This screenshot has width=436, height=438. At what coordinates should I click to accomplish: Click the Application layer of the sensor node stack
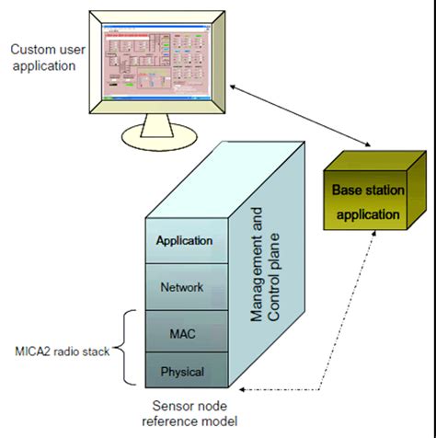(x=185, y=241)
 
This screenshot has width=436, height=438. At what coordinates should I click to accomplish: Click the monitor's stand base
(x=157, y=138)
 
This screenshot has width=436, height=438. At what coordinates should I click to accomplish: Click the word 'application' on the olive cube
(x=367, y=215)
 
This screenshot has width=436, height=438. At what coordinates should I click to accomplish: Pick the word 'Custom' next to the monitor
(x=29, y=48)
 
